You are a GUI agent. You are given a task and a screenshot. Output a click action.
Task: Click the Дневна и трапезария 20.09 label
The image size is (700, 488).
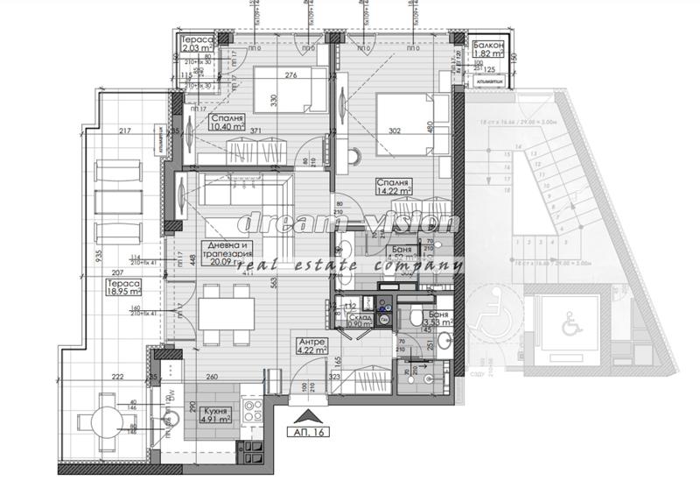point(226,252)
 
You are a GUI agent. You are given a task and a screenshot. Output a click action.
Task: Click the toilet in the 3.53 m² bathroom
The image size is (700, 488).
point(415,317)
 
